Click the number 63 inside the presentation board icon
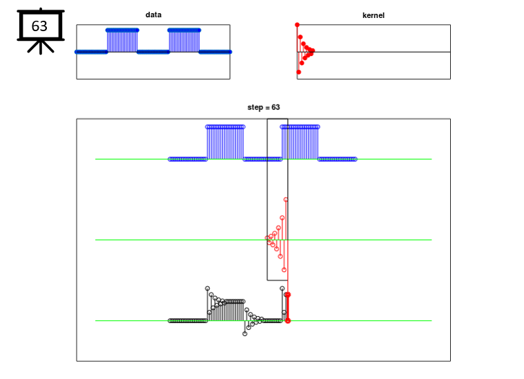tap(39, 26)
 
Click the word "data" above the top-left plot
tap(153, 15)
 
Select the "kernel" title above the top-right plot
tap(373, 15)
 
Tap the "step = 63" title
tap(263, 107)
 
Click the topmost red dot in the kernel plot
tap(297, 25)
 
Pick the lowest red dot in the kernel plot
tap(299, 72)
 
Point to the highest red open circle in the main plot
tap(286, 200)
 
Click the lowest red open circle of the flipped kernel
tap(284, 270)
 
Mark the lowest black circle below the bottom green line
tap(244, 334)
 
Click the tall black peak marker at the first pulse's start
tap(207, 288)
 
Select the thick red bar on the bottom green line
tap(287, 308)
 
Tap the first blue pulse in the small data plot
tap(122, 40)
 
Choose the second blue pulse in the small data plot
tap(184, 40)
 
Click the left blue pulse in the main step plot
tap(225, 142)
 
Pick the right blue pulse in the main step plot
tap(300, 142)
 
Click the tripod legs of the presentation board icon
tap(41, 47)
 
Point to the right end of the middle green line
tap(431, 240)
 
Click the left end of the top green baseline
tap(95, 159)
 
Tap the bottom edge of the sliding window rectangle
tap(278, 280)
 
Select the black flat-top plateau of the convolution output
tap(235, 302)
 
